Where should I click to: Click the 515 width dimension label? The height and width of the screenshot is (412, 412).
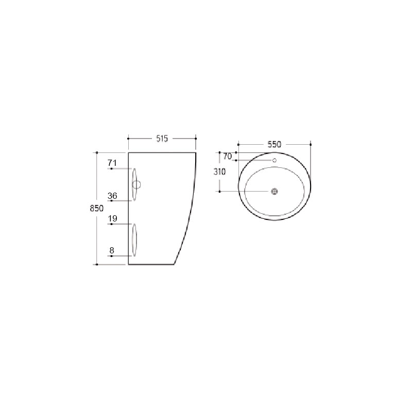coord(162,139)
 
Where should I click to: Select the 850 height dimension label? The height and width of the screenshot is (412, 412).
coord(97,208)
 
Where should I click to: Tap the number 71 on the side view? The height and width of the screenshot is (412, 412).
coord(112,163)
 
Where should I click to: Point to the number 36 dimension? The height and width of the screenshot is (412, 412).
coord(112,196)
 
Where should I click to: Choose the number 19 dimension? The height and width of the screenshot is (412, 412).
coord(112,218)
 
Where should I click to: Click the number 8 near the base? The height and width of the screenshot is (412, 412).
coord(112,250)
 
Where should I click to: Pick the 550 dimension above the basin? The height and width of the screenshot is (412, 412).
coord(274,144)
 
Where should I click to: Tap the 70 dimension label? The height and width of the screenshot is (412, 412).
coord(228,157)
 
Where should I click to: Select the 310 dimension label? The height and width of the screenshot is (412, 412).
coord(220,172)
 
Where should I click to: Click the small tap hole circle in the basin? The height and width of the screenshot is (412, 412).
coord(274,160)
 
